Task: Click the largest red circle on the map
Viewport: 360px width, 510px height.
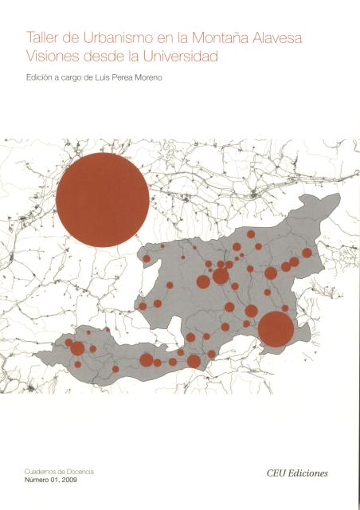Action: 103,200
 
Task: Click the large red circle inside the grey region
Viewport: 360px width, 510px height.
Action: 276,330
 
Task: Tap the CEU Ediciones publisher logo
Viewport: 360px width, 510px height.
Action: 298,473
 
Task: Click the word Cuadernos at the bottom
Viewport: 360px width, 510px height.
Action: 45,473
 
